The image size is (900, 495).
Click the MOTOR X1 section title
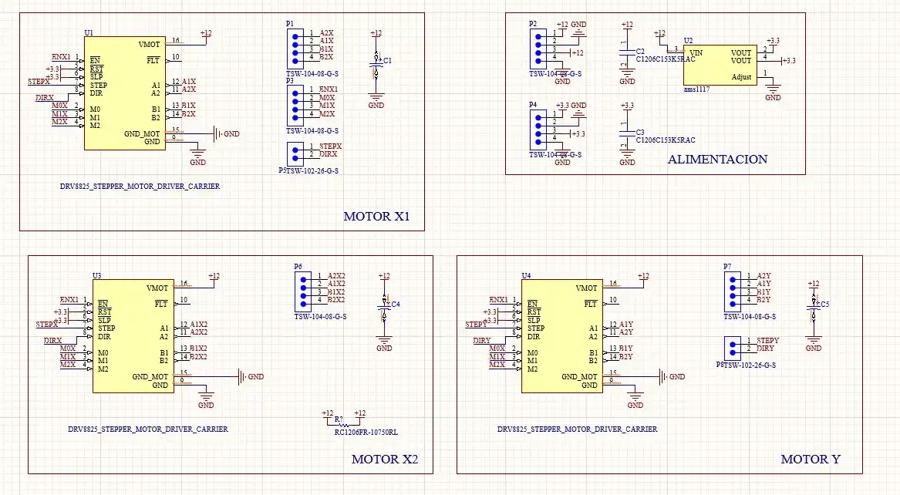pos(376,217)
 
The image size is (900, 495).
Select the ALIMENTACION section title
pos(717,160)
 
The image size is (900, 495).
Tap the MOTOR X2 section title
pos(384,459)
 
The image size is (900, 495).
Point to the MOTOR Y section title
pos(810,459)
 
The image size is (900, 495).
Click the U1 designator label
pos(88,34)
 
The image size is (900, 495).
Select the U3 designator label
pos(96,275)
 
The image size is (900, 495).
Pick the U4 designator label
pos(526,275)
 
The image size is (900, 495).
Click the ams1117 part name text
pos(696,89)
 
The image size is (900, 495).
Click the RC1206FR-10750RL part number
pos(366,433)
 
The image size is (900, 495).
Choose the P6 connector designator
pos(298,267)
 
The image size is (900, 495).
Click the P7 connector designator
pos(727,267)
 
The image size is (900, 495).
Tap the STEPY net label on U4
pos(476,325)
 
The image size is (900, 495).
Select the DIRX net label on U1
pos(45,98)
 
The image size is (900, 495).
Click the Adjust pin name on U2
pos(740,76)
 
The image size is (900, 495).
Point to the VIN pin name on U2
pos(696,53)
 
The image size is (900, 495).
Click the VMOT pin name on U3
pos(157,288)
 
